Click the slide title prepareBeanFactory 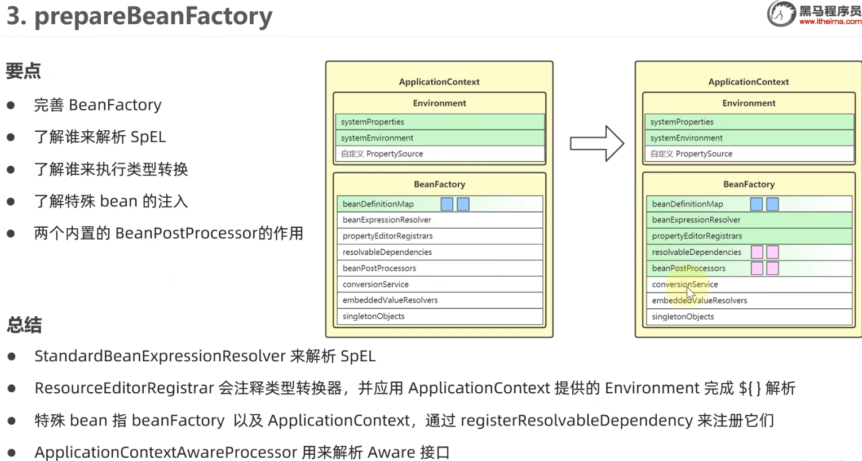(x=153, y=17)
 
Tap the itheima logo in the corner (x=814, y=14)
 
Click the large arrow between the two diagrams (x=596, y=143)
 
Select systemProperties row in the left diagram (x=373, y=122)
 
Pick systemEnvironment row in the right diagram (x=686, y=138)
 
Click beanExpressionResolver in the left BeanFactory (x=387, y=220)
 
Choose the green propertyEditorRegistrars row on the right (x=697, y=236)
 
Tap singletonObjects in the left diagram (x=373, y=316)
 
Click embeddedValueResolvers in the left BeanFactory (x=390, y=300)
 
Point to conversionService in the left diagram (x=375, y=285)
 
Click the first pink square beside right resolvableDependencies (x=757, y=252)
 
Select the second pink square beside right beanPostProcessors (x=772, y=268)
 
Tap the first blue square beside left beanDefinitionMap (x=447, y=204)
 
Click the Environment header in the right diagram (x=749, y=103)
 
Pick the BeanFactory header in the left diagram (x=439, y=184)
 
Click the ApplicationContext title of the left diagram (x=439, y=82)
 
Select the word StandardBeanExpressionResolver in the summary (x=160, y=356)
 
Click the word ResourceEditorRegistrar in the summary (x=124, y=388)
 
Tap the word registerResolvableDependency (x=577, y=420)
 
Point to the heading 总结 (x=24, y=325)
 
